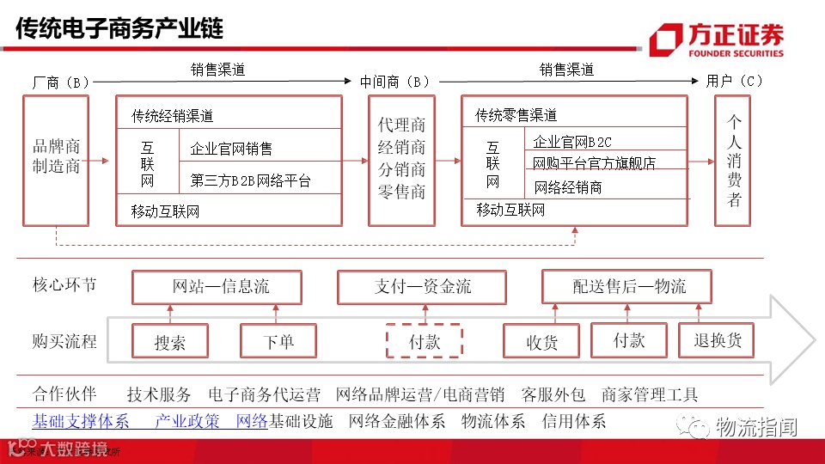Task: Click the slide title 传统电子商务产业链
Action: (119, 29)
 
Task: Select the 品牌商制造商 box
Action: (56, 160)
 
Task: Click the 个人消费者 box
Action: (733, 160)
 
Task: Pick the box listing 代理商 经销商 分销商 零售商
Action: (401, 160)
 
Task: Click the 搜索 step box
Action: (170, 341)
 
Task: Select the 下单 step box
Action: (278, 340)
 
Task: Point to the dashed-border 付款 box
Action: (424, 340)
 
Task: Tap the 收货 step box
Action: (541, 341)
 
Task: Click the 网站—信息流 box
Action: (217, 287)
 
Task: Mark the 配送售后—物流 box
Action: (628, 286)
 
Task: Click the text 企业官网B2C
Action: (573, 142)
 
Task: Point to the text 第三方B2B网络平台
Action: (250, 180)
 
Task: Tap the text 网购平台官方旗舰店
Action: (594, 162)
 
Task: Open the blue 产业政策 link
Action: (187, 421)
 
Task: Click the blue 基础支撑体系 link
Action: (81, 421)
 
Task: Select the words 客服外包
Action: (553, 395)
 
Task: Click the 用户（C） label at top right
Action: (734, 82)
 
